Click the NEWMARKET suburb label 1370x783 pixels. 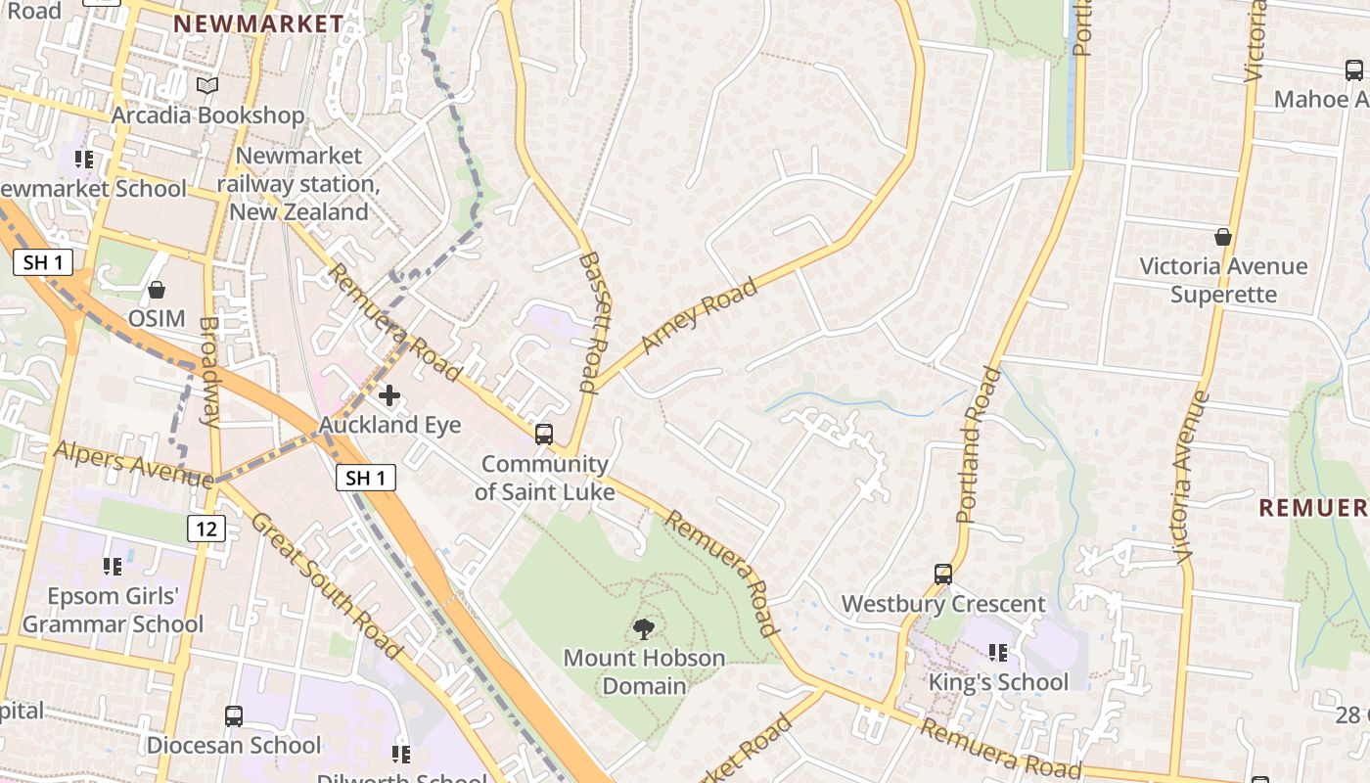coord(258,23)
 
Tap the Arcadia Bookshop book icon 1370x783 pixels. coord(207,86)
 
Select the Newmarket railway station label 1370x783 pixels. coord(298,183)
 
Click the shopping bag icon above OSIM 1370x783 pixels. coord(156,290)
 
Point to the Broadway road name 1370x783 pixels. coord(209,371)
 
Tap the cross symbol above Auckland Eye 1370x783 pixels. coord(389,395)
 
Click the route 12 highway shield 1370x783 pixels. coord(207,529)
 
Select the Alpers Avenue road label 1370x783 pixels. coord(133,464)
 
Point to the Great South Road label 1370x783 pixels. coord(326,583)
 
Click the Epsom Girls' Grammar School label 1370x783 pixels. coord(114,610)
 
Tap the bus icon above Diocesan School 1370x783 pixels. coord(234,715)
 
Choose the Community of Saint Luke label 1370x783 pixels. coord(544,478)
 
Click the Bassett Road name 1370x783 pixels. coord(594,321)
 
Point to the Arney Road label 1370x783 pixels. coord(699,315)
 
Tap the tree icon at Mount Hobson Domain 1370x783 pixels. coord(644,628)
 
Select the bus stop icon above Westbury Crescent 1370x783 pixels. coord(943,575)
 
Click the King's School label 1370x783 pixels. coord(997,682)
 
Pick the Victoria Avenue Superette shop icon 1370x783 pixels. coord(1222,237)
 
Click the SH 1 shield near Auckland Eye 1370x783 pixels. coord(366,478)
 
